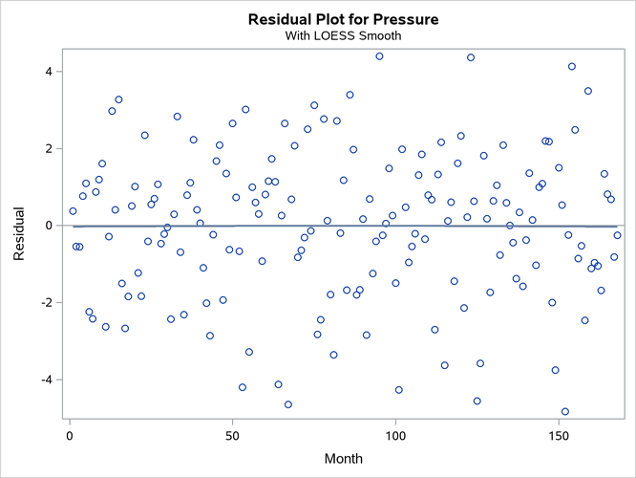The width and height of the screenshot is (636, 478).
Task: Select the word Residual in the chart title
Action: (x=282, y=18)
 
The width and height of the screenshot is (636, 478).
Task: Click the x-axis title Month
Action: (x=344, y=459)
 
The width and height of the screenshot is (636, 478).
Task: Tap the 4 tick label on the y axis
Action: (x=46, y=72)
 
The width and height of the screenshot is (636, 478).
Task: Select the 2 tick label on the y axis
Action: (x=46, y=149)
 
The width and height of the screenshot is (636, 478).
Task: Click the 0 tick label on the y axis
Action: (x=46, y=226)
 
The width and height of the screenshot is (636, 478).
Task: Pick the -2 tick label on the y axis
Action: (x=43, y=303)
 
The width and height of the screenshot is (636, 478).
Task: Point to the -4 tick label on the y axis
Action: (x=43, y=380)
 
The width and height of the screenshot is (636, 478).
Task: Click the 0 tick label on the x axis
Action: (x=70, y=436)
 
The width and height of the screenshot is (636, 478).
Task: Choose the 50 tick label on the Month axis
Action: (x=232, y=436)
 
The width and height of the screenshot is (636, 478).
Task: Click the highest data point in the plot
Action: (x=379, y=56)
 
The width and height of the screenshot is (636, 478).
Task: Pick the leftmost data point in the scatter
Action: (x=73, y=211)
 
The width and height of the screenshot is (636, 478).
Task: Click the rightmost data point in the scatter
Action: (x=617, y=235)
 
